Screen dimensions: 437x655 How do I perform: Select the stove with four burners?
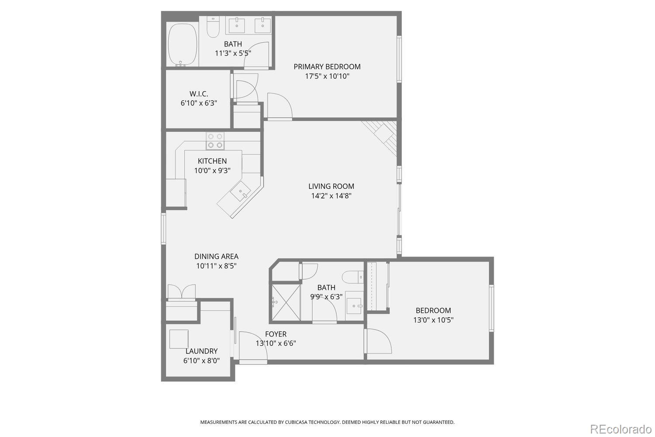[x=215, y=141]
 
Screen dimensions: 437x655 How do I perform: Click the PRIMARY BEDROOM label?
[x=327, y=67]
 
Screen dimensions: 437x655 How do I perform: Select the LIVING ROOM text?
[x=331, y=186]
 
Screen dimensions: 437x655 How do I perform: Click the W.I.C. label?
[x=199, y=94]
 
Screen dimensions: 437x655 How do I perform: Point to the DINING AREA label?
[x=216, y=257]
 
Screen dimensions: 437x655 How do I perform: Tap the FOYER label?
[x=276, y=334]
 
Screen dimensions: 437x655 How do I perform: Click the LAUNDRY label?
[x=201, y=351]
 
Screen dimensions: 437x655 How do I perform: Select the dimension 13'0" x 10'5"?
[x=433, y=320]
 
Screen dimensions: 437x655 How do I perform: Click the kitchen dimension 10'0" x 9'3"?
[x=212, y=170]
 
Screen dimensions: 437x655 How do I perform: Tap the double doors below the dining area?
[x=181, y=292]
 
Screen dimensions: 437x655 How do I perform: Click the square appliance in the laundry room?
[x=179, y=339]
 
